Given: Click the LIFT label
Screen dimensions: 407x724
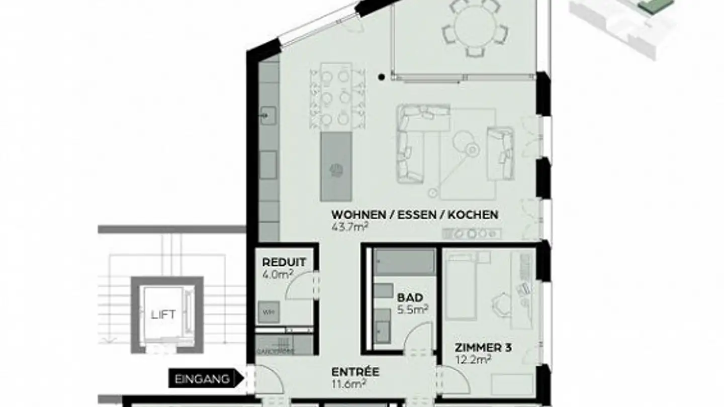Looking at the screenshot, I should [163, 315].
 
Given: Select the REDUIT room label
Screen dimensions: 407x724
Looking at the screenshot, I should [284, 262].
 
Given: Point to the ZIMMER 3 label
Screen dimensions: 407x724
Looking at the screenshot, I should [483, 348].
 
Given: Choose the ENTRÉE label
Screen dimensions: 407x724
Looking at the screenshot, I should [355, 372].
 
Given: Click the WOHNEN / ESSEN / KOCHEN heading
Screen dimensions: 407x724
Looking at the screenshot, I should [415, 215].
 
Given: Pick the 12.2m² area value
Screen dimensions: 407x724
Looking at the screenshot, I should [473, 359].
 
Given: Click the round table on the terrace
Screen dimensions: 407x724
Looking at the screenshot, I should [475, 28].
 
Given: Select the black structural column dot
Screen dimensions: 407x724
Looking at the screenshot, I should [382, 77].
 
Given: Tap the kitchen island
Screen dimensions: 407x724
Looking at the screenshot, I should [336, 166].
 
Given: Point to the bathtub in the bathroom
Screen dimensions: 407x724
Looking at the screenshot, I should [405, 262].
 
